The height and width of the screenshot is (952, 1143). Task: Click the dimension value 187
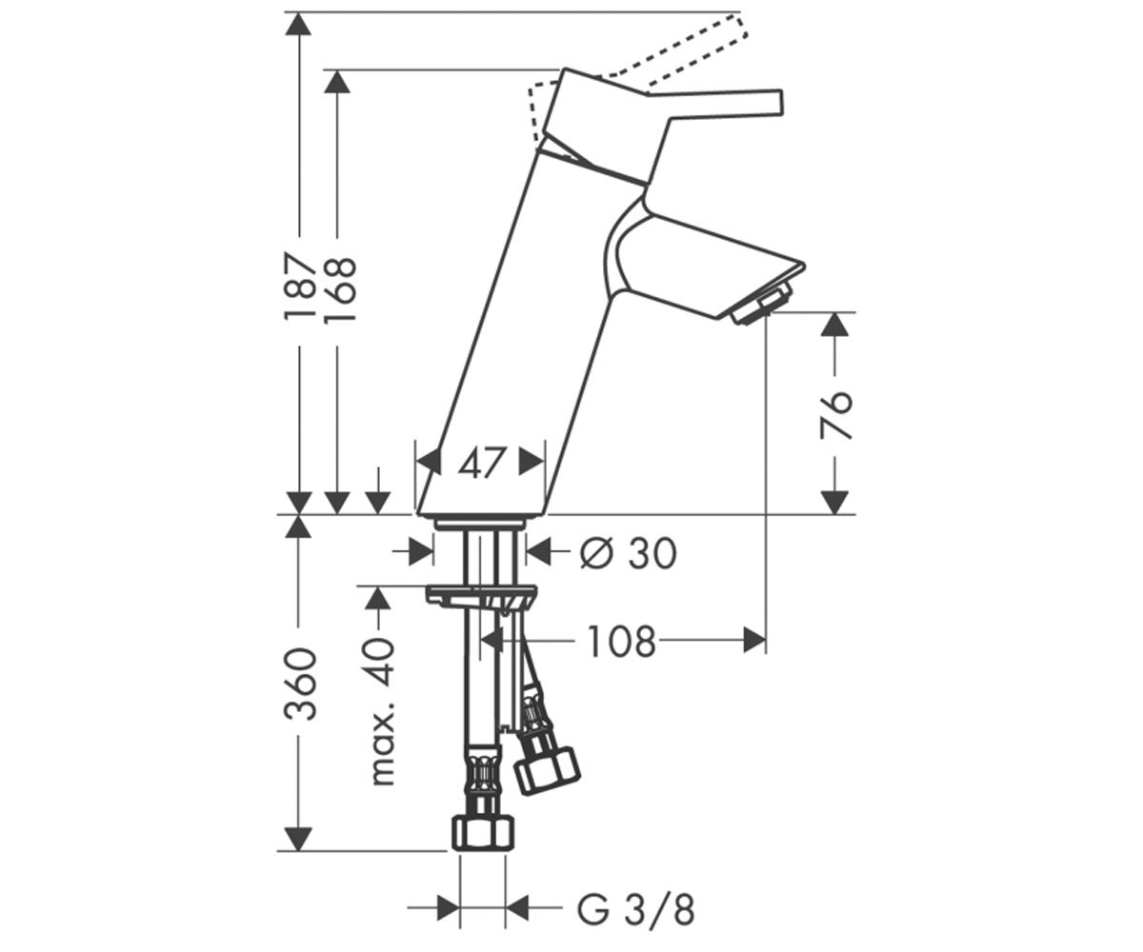pos(300,287)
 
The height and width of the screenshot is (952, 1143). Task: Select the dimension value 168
pos(339,290)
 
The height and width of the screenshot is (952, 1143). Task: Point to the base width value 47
pos(480,464)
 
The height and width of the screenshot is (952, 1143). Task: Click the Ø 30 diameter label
pos(628,553)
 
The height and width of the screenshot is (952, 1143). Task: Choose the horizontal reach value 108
pos(621,642)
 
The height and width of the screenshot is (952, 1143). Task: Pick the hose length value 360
pos(301,684)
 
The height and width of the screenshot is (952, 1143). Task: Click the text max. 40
pos(382,711)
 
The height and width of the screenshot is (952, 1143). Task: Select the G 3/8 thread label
pos(636,910)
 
